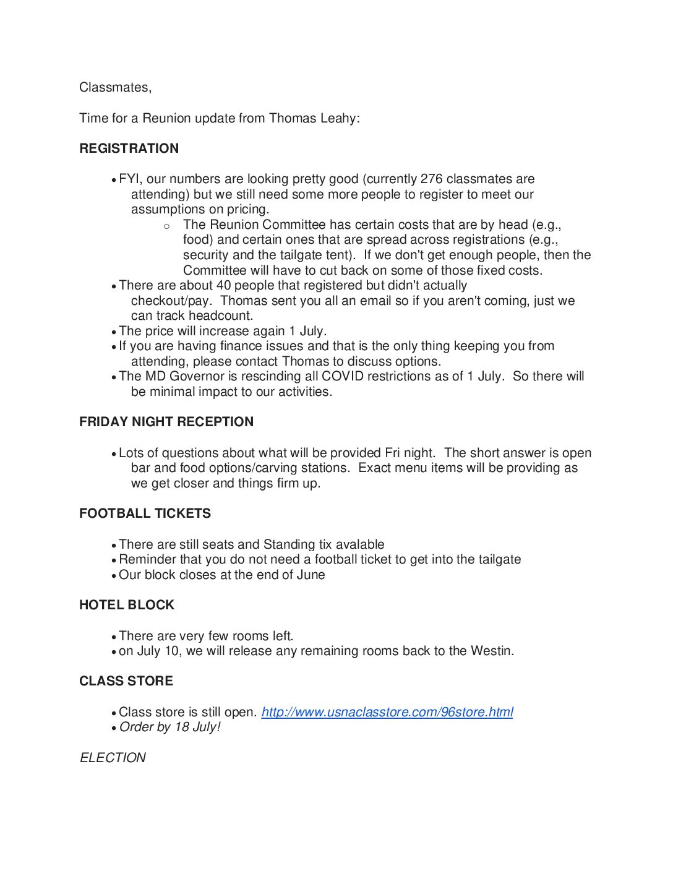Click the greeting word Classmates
tap(115, 87)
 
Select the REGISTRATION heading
tap(129, 148)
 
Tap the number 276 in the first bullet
tap(431, 179)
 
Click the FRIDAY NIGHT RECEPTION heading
tap(166, 422)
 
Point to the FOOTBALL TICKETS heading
tap(145, 513)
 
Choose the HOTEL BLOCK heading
tap(127, 605)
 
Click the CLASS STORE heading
tap(126, 681)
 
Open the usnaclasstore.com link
tap(387, 712)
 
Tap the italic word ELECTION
tap(113, 758)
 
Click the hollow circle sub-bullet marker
tap(166, 226)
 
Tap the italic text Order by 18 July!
tap(169, 727)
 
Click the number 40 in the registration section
tap(223, 285)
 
